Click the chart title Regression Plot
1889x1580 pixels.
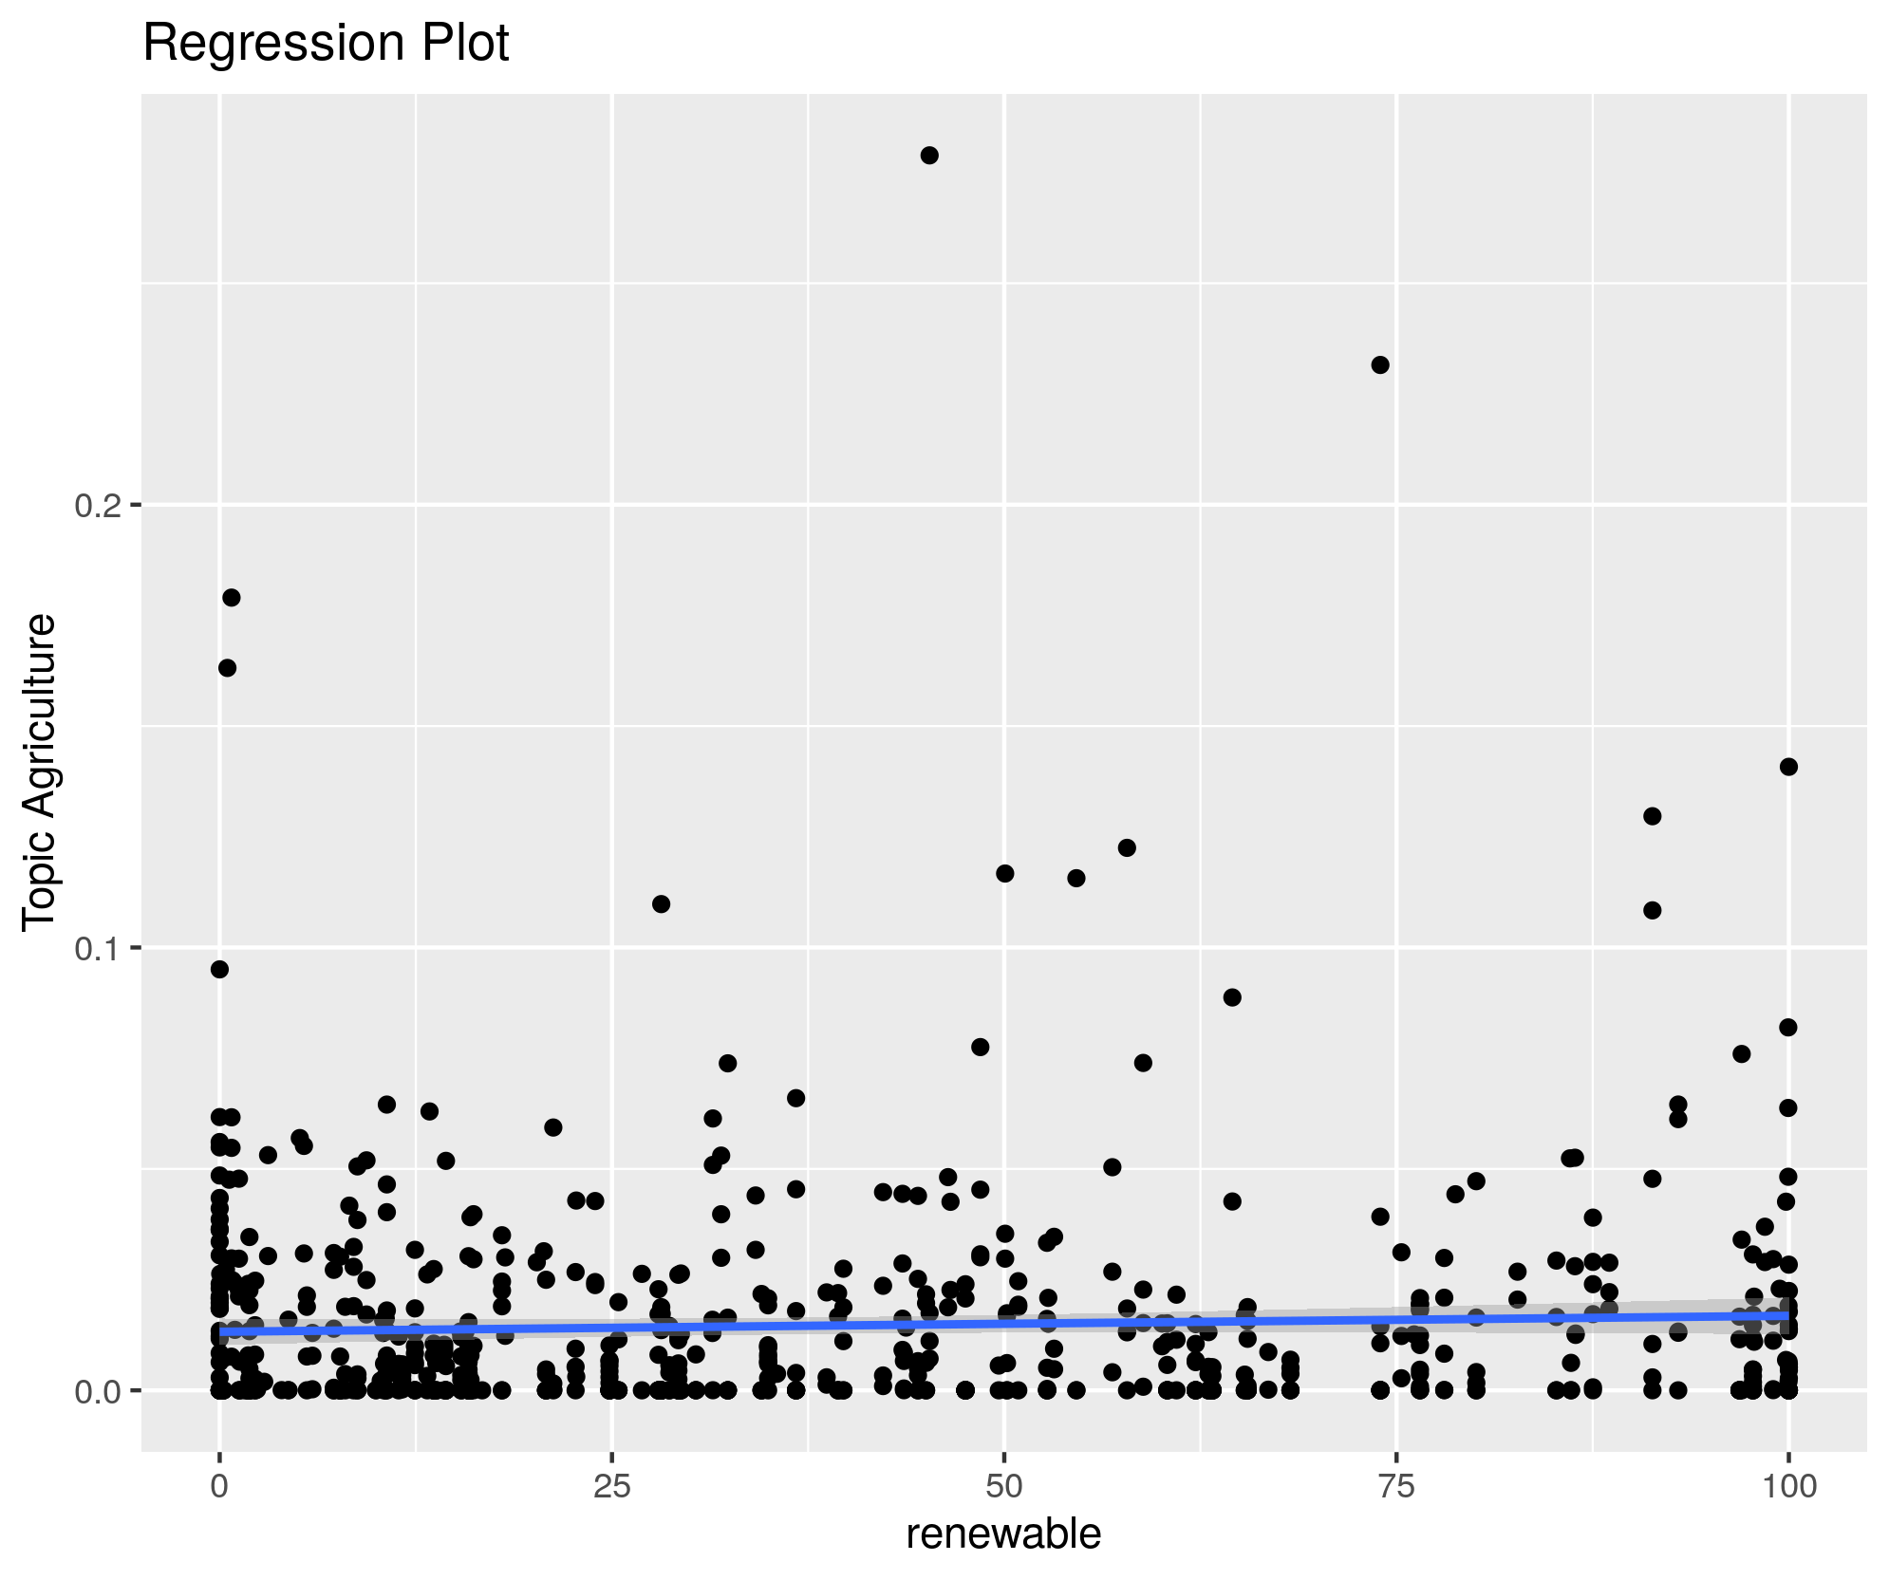coord(326,44)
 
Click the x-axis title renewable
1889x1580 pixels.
coord(1003,1534)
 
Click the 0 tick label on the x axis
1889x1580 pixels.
coord(219,1486)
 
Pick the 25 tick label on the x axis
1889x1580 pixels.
coord(612,1486)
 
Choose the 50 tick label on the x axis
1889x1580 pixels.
coord(1004,1486)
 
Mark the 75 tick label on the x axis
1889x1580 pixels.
coord(1396,1486)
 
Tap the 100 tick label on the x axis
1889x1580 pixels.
coord(1788,1486)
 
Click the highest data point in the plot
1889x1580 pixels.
coord(929,156)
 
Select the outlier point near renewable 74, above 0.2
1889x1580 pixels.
coord(1380,365)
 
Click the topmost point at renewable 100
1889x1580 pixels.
coord(1788,767)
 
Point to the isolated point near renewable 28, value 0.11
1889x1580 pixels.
coord(662,903)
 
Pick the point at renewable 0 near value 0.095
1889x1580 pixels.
coord(219,969)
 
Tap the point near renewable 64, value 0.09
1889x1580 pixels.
coord(1232,997)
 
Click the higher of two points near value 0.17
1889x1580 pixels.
coord(232,597)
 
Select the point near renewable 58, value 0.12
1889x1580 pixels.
coord(1127,847)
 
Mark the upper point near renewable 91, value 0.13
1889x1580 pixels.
coord(1652,816)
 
